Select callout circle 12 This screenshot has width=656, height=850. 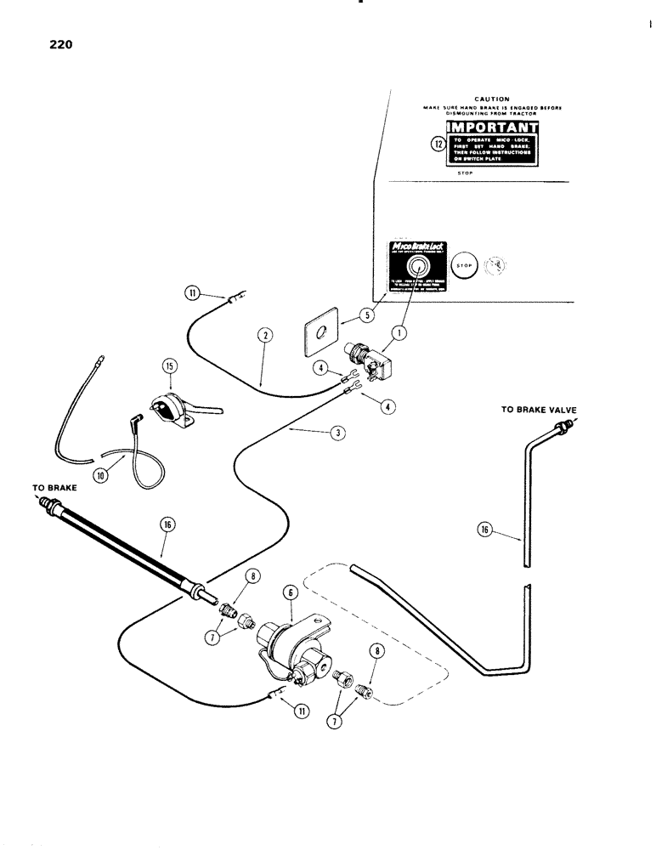click(x=438, y=144)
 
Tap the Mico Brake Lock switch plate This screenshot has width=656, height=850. click(x=411, y=263)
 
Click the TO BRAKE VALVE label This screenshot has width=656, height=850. click(x=538, y=410)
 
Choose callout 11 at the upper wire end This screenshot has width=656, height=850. click(x=192, y=295)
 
